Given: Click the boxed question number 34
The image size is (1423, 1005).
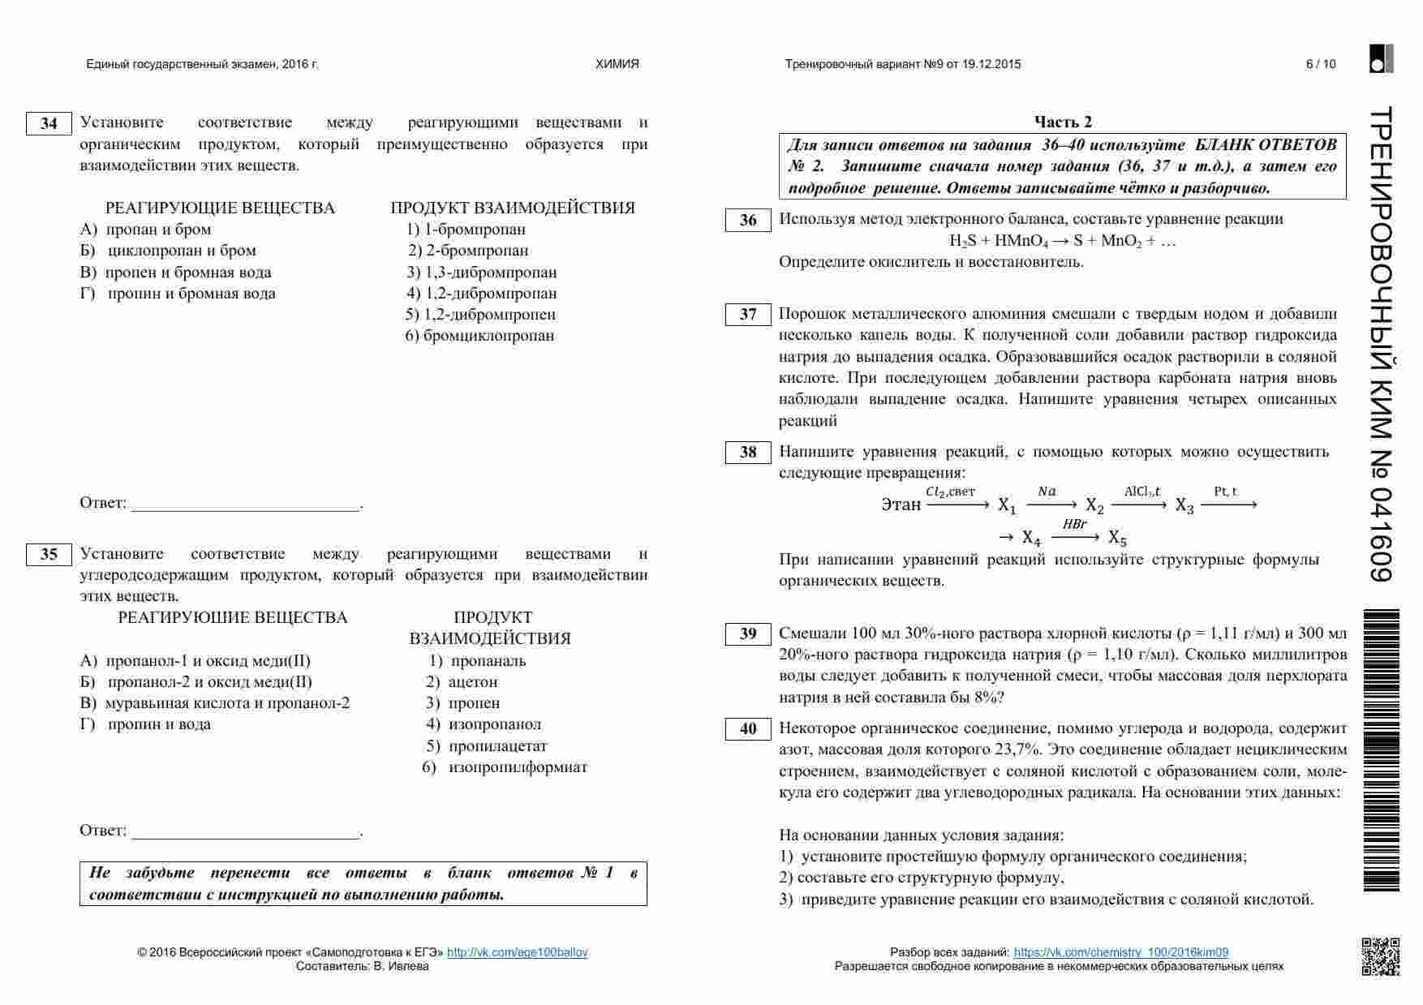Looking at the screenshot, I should tap(49, 123).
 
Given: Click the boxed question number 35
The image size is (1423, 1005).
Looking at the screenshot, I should tap(49, 555).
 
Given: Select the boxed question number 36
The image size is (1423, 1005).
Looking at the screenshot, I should tap(747, 221).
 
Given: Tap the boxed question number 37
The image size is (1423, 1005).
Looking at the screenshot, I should tap(747, 315).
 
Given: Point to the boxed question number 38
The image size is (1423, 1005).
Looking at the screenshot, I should tap(747, 453).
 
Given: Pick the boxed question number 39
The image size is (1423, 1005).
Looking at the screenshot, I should tap(747, 634).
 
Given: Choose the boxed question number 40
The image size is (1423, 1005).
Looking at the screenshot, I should tap(747, 729).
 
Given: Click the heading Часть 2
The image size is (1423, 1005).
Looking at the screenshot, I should tap(1062, 122).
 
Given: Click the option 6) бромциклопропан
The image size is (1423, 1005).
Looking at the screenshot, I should tap(479, 336).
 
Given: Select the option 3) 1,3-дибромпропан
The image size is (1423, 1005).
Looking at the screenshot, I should tap(482, 273).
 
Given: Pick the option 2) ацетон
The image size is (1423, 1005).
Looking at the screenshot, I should tap(462, 682).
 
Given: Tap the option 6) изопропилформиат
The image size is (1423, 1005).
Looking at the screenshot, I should tap(505, 767).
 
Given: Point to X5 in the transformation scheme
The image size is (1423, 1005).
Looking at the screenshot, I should tap(1117, 538).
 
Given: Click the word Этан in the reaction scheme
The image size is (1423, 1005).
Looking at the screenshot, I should tap(901, 505).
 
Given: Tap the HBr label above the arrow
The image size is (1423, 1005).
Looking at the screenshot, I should tap(1074, 525).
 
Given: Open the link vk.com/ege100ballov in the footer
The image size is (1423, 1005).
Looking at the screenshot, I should tap(517, 952).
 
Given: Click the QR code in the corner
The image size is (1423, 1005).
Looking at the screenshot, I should tap(1380, 956).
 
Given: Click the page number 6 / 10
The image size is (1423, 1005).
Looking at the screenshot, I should tap(1320, 64).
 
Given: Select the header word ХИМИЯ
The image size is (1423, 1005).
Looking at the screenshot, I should tap(617, 64).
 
